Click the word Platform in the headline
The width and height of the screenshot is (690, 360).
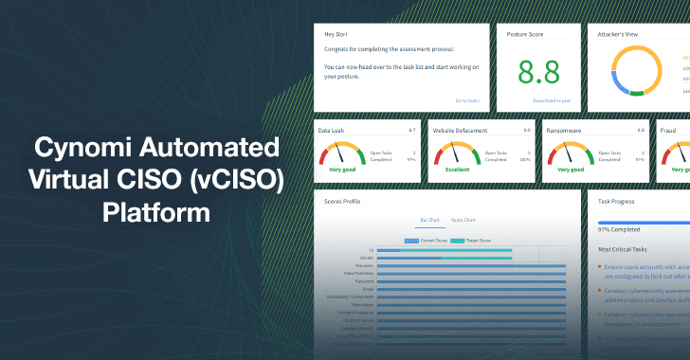tap(156, 209)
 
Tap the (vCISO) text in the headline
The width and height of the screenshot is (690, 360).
tap(236, 179)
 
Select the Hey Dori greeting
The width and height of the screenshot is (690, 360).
tap(336, 34)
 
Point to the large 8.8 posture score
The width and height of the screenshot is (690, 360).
tap(537, 73)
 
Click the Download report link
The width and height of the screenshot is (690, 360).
tap(551, 99)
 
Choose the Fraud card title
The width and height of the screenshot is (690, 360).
tap(668, 130)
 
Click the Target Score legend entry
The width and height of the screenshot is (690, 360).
tap(471, 242)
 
